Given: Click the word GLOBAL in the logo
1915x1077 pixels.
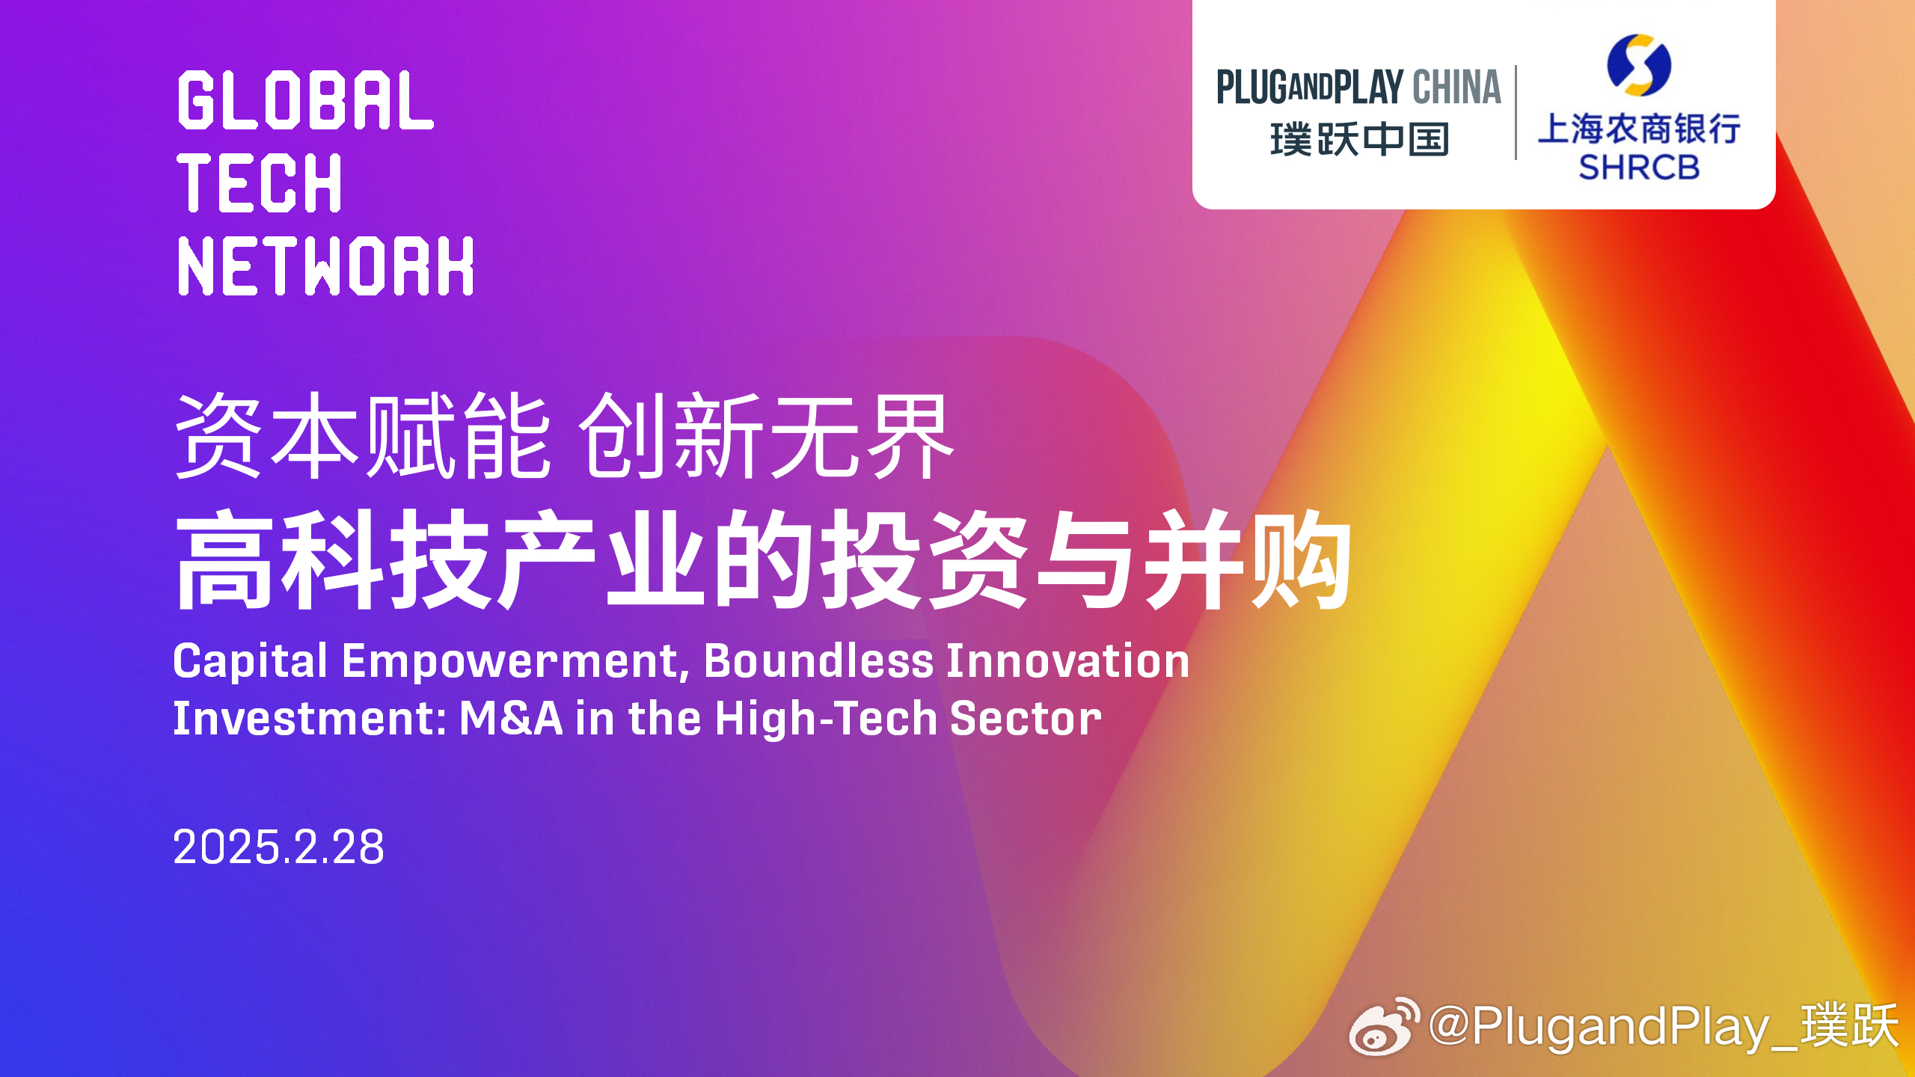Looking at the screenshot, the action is pos(305,100).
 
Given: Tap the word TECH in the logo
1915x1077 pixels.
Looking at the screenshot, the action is pos(260,182).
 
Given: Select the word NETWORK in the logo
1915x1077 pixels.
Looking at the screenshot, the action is pos(325,266).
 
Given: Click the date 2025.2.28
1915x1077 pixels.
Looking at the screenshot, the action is pos(278,847).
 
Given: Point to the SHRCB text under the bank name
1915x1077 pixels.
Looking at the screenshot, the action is pos(1639,168).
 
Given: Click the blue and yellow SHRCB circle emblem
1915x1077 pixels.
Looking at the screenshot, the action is pos(1639,65).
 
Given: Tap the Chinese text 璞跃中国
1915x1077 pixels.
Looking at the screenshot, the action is pos(1359,139).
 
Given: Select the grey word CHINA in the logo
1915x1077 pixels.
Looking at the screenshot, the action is pos(1456,88).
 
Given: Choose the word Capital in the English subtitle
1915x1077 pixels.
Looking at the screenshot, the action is pos(251,662).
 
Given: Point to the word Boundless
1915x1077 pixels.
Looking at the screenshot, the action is pos(818,661).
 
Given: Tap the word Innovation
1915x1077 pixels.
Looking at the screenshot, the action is pos(1068,661).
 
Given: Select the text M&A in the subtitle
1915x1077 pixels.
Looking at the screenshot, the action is pos(511,718).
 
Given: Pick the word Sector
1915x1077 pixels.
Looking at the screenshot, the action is pos(1026,718).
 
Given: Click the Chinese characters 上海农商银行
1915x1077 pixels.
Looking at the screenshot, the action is pos(1639,129).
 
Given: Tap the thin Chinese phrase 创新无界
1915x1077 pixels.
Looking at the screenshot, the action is pos(767,435).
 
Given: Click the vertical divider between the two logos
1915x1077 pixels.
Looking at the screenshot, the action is pos(1516,112).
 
